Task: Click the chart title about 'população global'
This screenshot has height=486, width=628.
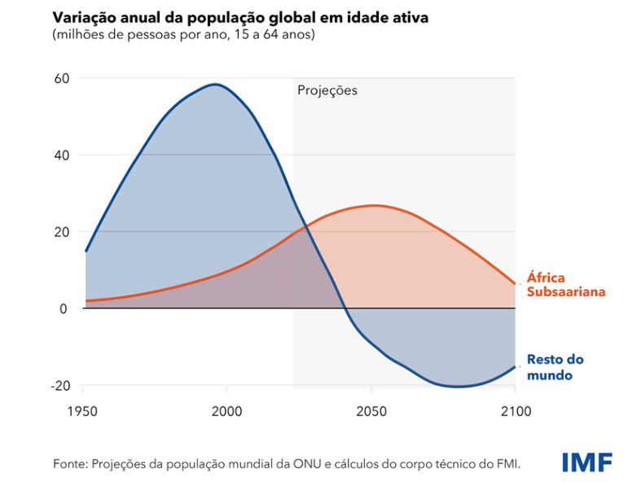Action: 240,17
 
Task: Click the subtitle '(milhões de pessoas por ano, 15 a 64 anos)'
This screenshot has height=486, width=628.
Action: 184,35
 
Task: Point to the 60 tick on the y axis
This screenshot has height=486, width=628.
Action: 62,78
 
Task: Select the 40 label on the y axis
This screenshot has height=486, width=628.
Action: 62,155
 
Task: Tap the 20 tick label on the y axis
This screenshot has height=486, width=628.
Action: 62,232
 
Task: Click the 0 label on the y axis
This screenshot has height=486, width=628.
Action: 64,309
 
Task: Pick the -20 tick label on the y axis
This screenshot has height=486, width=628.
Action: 60,386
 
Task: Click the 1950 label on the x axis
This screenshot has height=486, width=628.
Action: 83,412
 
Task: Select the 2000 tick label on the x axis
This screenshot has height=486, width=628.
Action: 226,412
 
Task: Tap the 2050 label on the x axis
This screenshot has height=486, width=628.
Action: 371,412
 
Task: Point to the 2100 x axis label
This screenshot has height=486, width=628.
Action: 516,412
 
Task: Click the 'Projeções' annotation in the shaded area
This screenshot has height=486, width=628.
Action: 327,91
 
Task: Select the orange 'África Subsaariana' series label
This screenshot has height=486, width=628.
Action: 565,285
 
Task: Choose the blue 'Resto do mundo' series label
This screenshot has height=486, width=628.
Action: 556,367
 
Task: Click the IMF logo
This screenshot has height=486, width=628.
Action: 587,462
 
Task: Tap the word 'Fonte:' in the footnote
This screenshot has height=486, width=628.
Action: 71,464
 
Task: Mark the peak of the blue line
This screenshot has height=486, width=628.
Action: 216,84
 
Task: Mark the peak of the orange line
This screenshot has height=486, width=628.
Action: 374,206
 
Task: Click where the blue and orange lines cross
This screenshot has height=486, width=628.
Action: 305,227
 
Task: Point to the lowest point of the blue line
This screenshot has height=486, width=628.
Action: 458,387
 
